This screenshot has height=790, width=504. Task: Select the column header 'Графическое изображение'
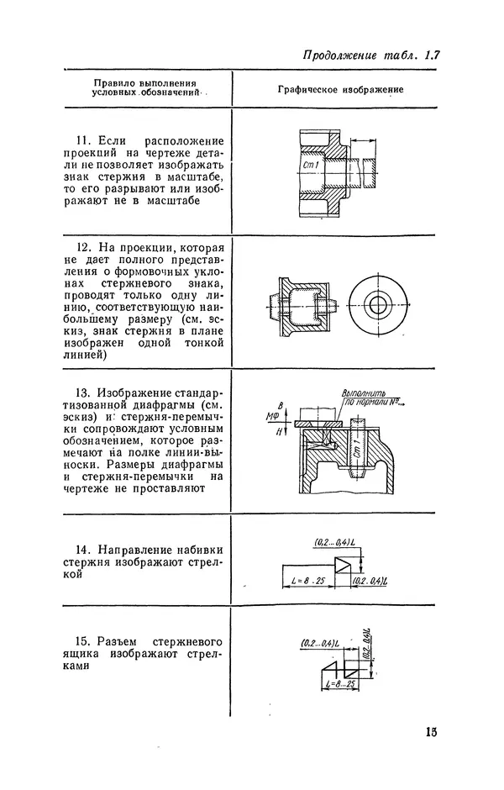pos(341,88)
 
